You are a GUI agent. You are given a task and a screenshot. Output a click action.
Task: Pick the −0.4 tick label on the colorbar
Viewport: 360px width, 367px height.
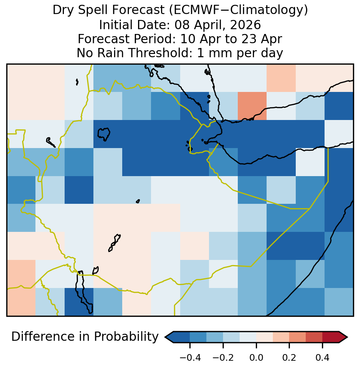(190, 358)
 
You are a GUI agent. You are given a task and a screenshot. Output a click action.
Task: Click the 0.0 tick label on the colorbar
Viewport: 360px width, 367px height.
(256, 358)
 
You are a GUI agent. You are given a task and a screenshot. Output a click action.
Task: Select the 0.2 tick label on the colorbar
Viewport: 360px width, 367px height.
(289, 358)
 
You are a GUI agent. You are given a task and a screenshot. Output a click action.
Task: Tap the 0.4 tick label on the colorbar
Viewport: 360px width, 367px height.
(323, 358)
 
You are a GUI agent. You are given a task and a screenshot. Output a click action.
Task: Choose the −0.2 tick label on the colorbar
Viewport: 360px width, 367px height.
(223, 358)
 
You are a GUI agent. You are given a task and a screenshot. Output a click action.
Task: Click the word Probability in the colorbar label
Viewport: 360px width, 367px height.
(126, 337)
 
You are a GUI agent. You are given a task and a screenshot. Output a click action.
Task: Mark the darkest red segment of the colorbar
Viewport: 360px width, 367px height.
(331, 337)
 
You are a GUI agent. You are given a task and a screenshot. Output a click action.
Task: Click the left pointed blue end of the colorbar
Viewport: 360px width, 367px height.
(169, 337)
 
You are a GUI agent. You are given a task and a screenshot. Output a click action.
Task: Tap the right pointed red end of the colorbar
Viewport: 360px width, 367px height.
(343, 337)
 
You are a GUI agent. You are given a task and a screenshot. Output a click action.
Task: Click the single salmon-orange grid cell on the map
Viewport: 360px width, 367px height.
(252, 106)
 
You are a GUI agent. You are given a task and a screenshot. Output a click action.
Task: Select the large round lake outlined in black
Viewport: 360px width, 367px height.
(104, 134)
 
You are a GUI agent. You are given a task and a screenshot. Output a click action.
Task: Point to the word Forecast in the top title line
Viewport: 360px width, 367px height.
(138, 10)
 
